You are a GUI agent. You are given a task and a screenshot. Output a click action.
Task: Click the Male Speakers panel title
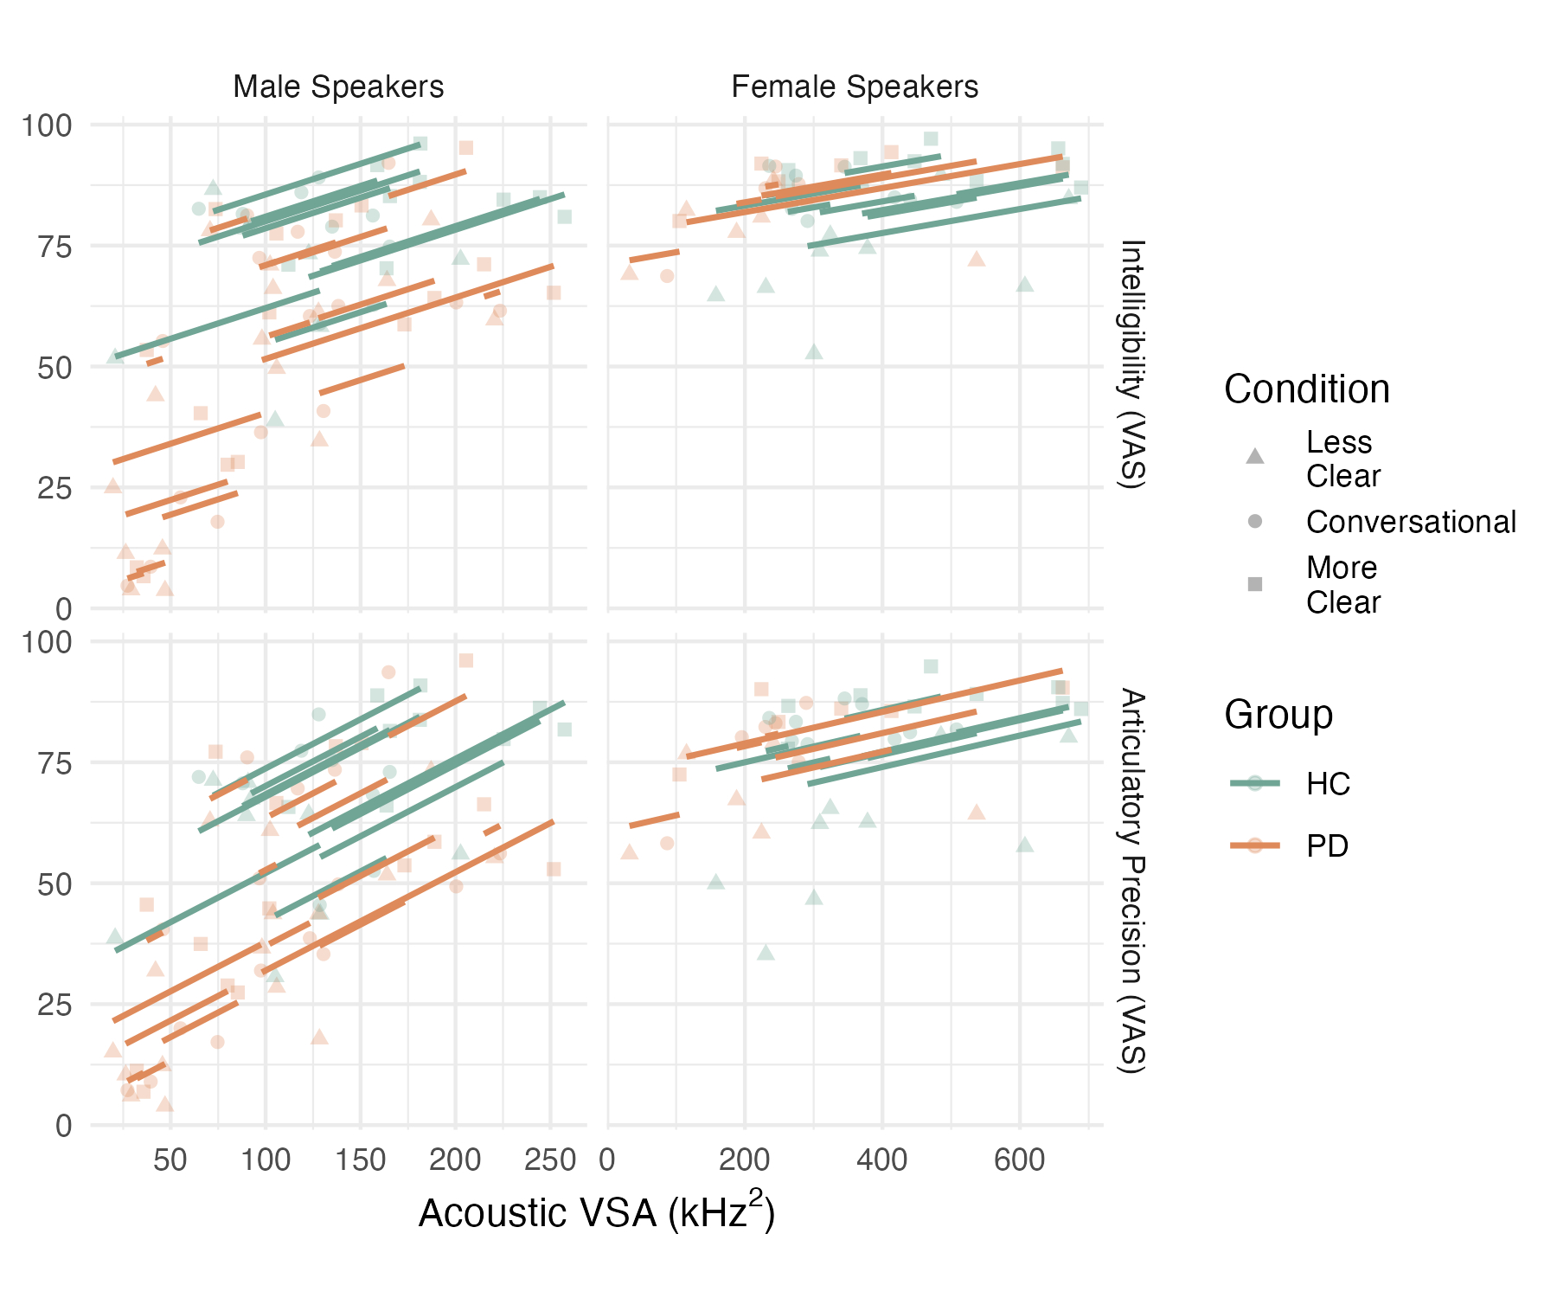pos(338,87)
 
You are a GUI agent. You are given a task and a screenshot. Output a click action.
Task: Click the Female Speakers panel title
pos(855,87)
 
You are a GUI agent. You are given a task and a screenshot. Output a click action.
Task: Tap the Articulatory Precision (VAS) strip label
pos(1132,881)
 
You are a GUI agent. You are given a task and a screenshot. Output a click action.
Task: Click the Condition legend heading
pos(1306,389)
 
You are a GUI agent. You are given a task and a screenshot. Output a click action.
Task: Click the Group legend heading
pos(1278,715)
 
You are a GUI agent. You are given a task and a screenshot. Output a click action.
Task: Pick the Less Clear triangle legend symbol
pos(1255,456)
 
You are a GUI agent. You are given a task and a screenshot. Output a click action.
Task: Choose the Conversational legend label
pos(1411,522)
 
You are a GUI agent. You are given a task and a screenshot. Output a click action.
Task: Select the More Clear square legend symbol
pos(1255,584)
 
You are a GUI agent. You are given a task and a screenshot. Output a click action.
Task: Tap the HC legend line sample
pos(1255,783)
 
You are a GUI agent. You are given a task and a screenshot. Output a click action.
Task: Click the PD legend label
pos(1328,845)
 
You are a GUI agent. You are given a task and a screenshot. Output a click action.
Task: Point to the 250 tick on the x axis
pos(550,1160)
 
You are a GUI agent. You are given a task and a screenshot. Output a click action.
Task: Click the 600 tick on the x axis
pos(1020,1160)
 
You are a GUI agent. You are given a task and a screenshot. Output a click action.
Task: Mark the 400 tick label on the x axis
pos(882,1160)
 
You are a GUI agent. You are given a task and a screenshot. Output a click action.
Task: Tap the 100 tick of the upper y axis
pos(47,125)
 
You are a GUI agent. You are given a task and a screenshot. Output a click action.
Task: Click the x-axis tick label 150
pos(360,1160)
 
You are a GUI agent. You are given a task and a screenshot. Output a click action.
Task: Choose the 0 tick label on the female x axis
pos(608,1160)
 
